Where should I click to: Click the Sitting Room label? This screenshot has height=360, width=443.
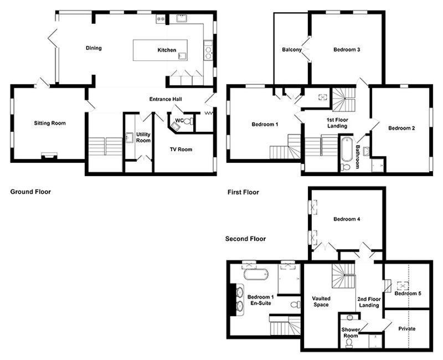coord(50,123)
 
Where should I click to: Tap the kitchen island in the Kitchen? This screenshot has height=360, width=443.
coord(160,50)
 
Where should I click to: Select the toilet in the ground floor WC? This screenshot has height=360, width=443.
coord(188,122)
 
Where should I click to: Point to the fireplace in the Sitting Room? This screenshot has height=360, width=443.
coord(49,155)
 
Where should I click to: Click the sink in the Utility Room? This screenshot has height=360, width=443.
coord(130,137)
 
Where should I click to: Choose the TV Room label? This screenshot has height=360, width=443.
coord(181,149)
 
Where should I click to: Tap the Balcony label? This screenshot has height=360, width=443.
coord(292,50)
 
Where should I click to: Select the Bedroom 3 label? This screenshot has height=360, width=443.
coord(347,50)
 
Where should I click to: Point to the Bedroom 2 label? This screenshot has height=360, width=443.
coord(401,128)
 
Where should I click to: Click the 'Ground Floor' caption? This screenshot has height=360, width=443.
coord(30,192)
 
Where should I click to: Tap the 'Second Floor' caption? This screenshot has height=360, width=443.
coord(245,239)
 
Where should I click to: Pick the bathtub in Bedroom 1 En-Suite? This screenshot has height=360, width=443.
coord(255,274)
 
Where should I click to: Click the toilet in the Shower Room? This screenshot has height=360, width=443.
coord(349,342)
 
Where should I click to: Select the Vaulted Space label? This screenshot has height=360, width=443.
coord(321,301)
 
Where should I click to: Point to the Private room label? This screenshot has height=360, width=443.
coord(407,328)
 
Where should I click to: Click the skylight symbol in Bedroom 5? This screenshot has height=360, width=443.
coord(403,286)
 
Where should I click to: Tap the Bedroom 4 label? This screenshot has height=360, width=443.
coord(347,219)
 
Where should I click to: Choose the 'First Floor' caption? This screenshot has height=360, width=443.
coord(243,192)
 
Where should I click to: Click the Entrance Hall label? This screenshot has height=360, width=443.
coord(166,99)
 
